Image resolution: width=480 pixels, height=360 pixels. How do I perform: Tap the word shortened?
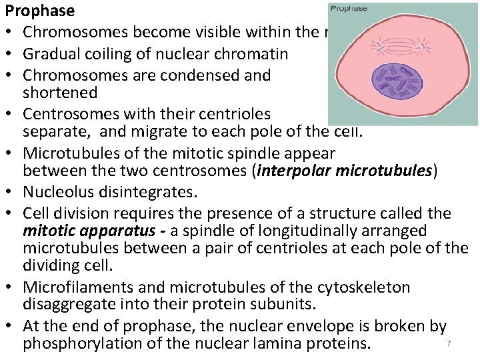59,92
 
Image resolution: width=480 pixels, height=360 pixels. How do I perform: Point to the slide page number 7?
449,343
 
